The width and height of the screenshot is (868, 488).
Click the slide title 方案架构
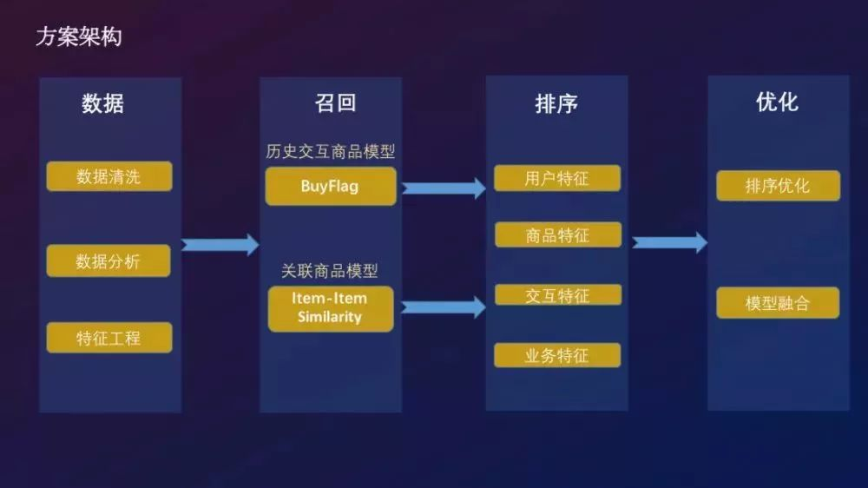click(x=79, y=37)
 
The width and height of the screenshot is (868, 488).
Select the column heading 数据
click(x=102, y=103)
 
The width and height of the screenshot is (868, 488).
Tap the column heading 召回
click(x=335, y=103)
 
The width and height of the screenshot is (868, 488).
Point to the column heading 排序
click(x=556, y=103)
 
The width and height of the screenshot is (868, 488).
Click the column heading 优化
click(x=777, y=102)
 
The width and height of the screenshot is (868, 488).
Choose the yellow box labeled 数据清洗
click(x=109, y=176)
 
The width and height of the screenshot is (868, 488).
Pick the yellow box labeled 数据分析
click(x=108, y=260)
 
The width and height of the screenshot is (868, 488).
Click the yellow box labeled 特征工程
click(x=109, y=337)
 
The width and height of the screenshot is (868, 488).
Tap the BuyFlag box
click(x=331, y=186)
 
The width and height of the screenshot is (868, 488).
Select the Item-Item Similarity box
click(x=331, y=308)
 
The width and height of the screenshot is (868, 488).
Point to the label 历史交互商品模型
click(x=330, y=151)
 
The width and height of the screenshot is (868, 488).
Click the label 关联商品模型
click(x=329, y=271)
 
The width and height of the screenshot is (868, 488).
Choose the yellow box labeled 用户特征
click(x=557, y=178)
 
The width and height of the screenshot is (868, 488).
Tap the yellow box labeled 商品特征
click(x=558, y=234)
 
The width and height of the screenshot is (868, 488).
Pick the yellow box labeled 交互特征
click(x=558, y=294)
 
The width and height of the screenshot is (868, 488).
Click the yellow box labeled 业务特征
click(x=557, y=355)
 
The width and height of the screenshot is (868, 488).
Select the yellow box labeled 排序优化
click(x=778, y=186)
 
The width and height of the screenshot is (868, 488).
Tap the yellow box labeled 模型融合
click(x=778, y=302)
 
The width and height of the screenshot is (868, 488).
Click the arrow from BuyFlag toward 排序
click(x=444, y=188)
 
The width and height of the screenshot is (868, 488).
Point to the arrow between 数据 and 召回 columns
click(x=220, y=244)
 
